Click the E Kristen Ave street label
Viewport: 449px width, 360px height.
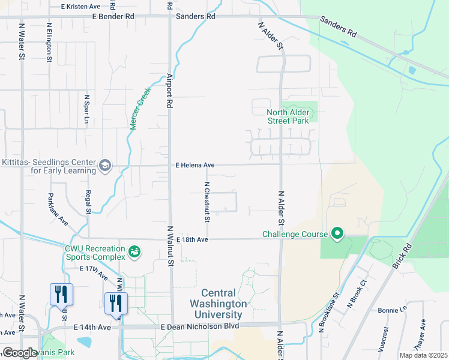[x=81, y=6]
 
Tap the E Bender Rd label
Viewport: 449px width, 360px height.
[x=113, y=17]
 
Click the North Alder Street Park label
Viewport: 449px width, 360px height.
[x=288, y=116]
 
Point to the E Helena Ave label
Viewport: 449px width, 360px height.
[x=195, y=165]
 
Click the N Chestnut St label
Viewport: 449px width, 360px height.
[x=206, y=202]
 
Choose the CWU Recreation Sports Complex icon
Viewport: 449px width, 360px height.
[x=135, y=250]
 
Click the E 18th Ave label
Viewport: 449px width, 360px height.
[x=192, y=240]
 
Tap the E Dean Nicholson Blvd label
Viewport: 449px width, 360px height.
[x=200, y=326]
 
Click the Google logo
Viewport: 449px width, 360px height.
[x=20, y=352]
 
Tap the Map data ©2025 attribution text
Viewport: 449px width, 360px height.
[x=423, y=355]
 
